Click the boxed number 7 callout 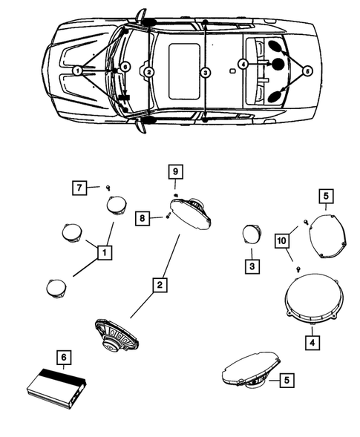79,188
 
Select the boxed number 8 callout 143,218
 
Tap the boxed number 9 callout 175,171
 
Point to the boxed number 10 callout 282,240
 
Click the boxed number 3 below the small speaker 252,266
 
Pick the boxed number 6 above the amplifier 64,358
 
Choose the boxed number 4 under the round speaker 312,343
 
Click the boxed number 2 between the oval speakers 160,285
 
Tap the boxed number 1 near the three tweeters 105,253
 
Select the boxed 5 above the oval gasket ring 327,196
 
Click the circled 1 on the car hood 77,70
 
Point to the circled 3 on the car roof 205,73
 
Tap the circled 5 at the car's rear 307,71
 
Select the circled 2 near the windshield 149,72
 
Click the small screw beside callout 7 108,188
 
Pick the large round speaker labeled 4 314,299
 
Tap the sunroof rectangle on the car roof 184,71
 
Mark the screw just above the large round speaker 298,269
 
